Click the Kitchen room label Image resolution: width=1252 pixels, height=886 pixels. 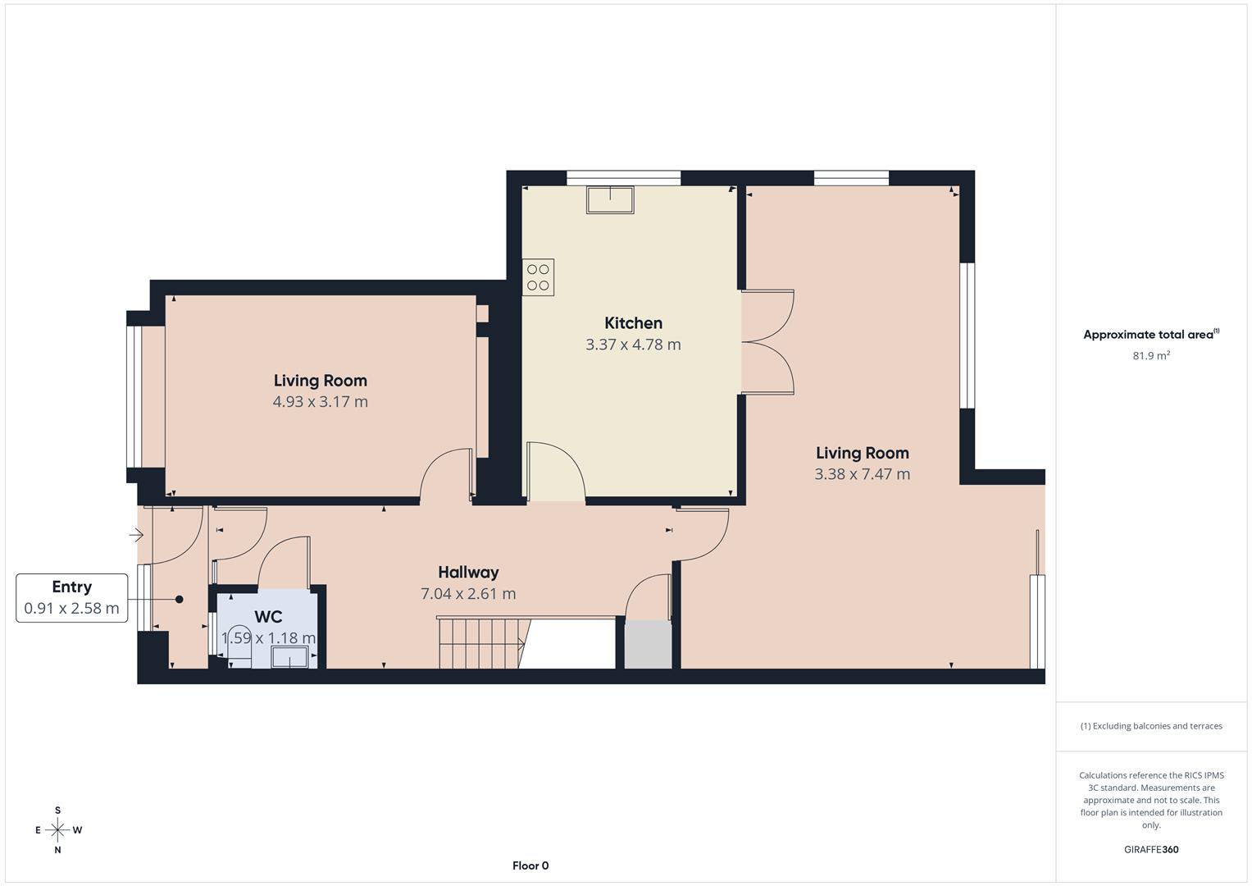(633, 323)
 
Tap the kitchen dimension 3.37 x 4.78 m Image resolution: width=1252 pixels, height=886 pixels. (633, 345)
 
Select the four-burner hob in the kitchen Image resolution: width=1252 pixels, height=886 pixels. (539, 276)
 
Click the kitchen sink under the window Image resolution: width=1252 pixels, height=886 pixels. (609, 200)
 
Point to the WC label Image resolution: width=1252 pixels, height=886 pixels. (268, 617)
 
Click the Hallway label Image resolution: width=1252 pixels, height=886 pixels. (468, 573)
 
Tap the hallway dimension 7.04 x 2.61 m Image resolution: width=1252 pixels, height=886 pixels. (468, 594)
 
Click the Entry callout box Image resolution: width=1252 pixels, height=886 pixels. (72, 598)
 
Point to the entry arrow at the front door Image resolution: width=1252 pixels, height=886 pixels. (137, 536)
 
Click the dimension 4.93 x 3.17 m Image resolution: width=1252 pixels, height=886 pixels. (320, 402)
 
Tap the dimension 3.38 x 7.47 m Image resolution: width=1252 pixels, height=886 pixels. (862, 474)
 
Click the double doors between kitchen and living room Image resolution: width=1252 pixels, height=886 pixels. (768, 343)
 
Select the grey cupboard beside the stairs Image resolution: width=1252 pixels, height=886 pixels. (648, 645)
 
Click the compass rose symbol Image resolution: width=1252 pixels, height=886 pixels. (57, 830)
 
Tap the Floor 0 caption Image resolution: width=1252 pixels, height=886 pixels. (530, 865)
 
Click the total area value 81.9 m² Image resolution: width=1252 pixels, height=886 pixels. (1151, 356)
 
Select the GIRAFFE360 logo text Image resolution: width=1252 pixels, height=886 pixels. (1151, 850)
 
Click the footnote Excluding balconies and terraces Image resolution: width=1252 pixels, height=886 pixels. (1151, 726)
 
